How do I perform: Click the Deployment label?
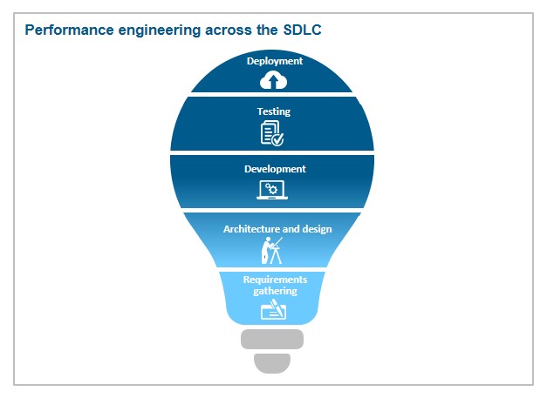click(274, 61)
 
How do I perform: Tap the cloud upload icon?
click(273, 80)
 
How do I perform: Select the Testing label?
click(273, 111)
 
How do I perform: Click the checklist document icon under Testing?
click(272, 133)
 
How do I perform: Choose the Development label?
click(275, 169)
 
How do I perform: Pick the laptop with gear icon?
click(272, 190)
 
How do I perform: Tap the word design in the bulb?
click(317, 229)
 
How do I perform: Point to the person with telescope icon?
click(271, 251)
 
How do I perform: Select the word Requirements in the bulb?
click(274, 280)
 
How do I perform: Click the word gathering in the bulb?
click(274, 291)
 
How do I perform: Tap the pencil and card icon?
click(274, 308)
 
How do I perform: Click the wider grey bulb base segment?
click(272, 339)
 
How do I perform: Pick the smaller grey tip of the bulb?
click(272, 361)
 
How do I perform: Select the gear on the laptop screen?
click(272, 188)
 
